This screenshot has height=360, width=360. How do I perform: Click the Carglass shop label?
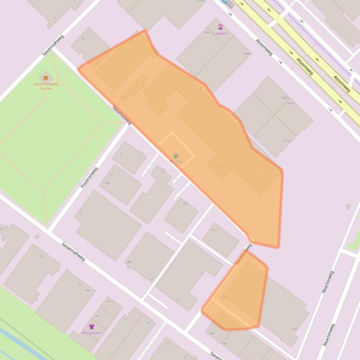coord(220,34)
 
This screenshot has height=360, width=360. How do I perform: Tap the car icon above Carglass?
coord(220,27)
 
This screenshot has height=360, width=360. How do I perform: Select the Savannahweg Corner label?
coord(45,86)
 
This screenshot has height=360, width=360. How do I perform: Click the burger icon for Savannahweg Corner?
coord(45,78)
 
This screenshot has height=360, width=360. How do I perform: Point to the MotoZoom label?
coord(92,333)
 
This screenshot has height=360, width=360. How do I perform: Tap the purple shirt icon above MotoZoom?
coord(92,326)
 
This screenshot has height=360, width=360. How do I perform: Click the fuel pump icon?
coord(176,156)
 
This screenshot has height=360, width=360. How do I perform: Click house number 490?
coord(207,33)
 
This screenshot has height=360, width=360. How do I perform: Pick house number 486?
coord(247,54)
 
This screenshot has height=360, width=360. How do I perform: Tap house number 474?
coord(287,141)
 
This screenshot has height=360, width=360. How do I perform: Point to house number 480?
coord(285,98)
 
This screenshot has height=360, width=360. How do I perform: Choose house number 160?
coord(294,329)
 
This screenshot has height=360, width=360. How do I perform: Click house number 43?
coord(213,230)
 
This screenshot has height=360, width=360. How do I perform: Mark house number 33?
coord(162,172)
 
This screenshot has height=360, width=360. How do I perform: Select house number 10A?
coord(106,183)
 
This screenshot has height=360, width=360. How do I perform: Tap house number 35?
coord(42,257)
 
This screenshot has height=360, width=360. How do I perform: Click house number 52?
coord(151,279)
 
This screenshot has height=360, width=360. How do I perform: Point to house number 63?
coord(167,343)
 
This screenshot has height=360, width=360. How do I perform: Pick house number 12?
coord(80,214)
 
